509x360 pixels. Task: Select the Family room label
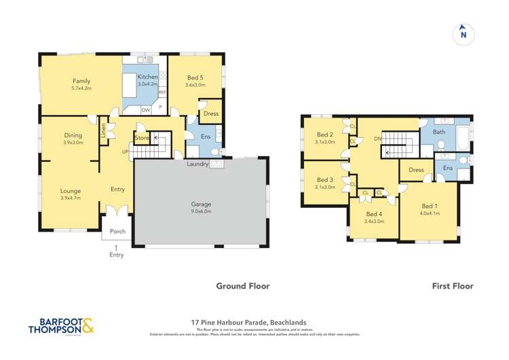(x=81, y=80)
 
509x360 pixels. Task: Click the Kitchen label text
(x=147, y=77)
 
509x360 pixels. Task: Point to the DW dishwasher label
(x=145, y=110)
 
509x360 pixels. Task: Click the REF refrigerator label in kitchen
(x=162, y=92)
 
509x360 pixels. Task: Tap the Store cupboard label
(x=141, y=139)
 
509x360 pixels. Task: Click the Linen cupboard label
(x=103, y=128)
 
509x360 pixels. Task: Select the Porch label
(x=117, y=231)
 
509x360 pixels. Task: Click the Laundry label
(x=199, y=164)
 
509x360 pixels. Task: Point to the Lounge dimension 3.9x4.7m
(x=71, y=199)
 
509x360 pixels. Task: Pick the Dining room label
(x=73, y=135)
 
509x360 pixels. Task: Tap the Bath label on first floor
(x=439, y=132)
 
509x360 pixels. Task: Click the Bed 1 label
(x=430, y=206)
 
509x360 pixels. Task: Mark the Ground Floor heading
(x=242, y=286)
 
